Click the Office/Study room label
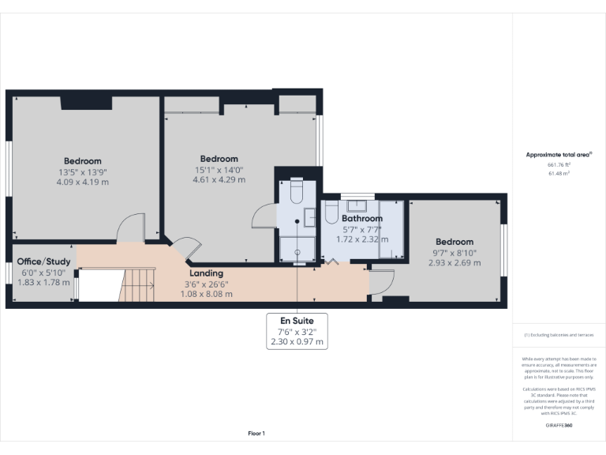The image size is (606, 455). click(43, 261)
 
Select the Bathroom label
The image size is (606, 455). click(362, 218)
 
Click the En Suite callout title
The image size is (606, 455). click(297, 322)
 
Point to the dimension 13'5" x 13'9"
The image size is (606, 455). click(83, 171)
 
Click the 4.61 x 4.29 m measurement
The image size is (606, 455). click(219, 179)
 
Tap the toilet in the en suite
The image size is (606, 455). click(296, 193)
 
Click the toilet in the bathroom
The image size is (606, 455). click(331, 213)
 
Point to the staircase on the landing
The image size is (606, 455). click(138, 285)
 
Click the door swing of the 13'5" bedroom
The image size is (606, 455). click(130, 229)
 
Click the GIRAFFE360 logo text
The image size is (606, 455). click(559, 425)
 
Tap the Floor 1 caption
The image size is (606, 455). click(256, 433)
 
